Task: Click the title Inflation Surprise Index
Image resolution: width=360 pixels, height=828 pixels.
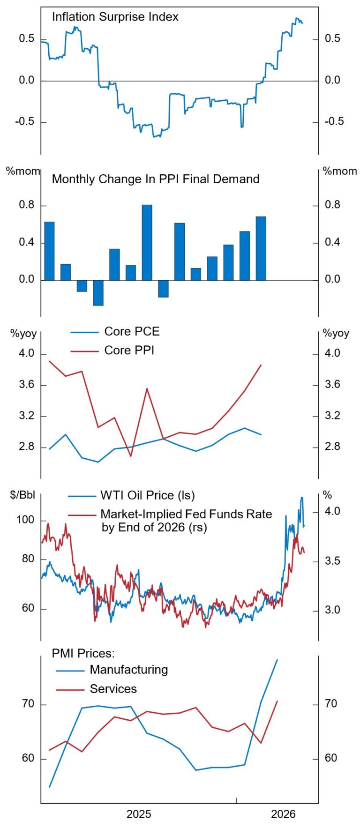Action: point(115,17)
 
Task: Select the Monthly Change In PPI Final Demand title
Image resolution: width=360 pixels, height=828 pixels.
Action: point(155,179)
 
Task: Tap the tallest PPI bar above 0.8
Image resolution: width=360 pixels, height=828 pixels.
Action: point(147,242)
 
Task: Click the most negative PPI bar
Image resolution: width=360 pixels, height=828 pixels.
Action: point(98,293)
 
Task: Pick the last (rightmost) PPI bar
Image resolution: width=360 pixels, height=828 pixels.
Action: point(261,248)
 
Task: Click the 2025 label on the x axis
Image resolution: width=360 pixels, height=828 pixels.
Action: point(139,814)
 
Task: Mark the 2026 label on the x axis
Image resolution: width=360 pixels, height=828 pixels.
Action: point(283,814)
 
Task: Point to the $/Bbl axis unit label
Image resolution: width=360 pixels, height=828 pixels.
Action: point(22,495)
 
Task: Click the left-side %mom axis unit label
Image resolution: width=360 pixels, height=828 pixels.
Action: point(22,172)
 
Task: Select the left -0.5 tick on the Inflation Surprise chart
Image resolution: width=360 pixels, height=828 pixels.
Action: point(25,122)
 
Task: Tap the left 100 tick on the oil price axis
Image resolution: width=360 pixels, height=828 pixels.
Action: point(25,520)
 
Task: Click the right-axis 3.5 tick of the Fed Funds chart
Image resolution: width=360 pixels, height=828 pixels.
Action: point(332,561)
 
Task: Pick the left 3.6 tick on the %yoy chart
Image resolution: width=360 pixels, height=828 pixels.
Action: point(27,385)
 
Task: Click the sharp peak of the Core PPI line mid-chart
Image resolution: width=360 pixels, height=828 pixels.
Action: point(147,388)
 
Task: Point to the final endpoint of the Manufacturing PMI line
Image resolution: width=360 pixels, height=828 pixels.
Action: point(277,659)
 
